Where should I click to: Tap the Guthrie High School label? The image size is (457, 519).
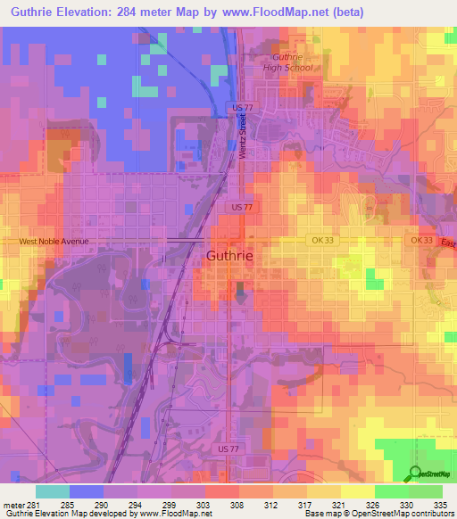click(287, 62)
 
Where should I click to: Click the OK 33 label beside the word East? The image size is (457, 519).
click(422, 240)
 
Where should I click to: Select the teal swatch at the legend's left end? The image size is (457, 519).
click(53, 490)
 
